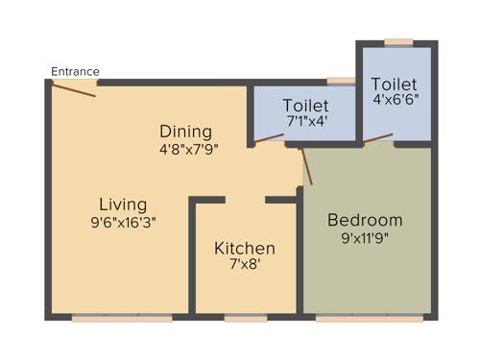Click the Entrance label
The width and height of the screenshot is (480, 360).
pos(75,71)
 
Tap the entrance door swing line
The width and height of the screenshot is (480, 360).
pos(74,89)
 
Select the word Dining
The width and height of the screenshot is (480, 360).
pos(186,132)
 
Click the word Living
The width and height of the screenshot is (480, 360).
pos(123,204)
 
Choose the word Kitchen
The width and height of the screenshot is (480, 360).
pos(245,248)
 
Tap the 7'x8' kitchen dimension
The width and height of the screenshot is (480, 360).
pos(245,266)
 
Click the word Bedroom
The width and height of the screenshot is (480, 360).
pos(365,220)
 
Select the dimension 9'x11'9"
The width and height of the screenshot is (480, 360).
pos(365,238)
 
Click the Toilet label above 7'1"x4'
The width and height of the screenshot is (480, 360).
pos(306,105)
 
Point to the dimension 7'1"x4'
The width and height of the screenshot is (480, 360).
pos(306,122)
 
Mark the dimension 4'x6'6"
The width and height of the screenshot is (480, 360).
pos(395,99)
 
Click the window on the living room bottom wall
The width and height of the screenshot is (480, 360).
pos(122,316)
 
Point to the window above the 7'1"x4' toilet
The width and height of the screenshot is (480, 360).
pos(339,82)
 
